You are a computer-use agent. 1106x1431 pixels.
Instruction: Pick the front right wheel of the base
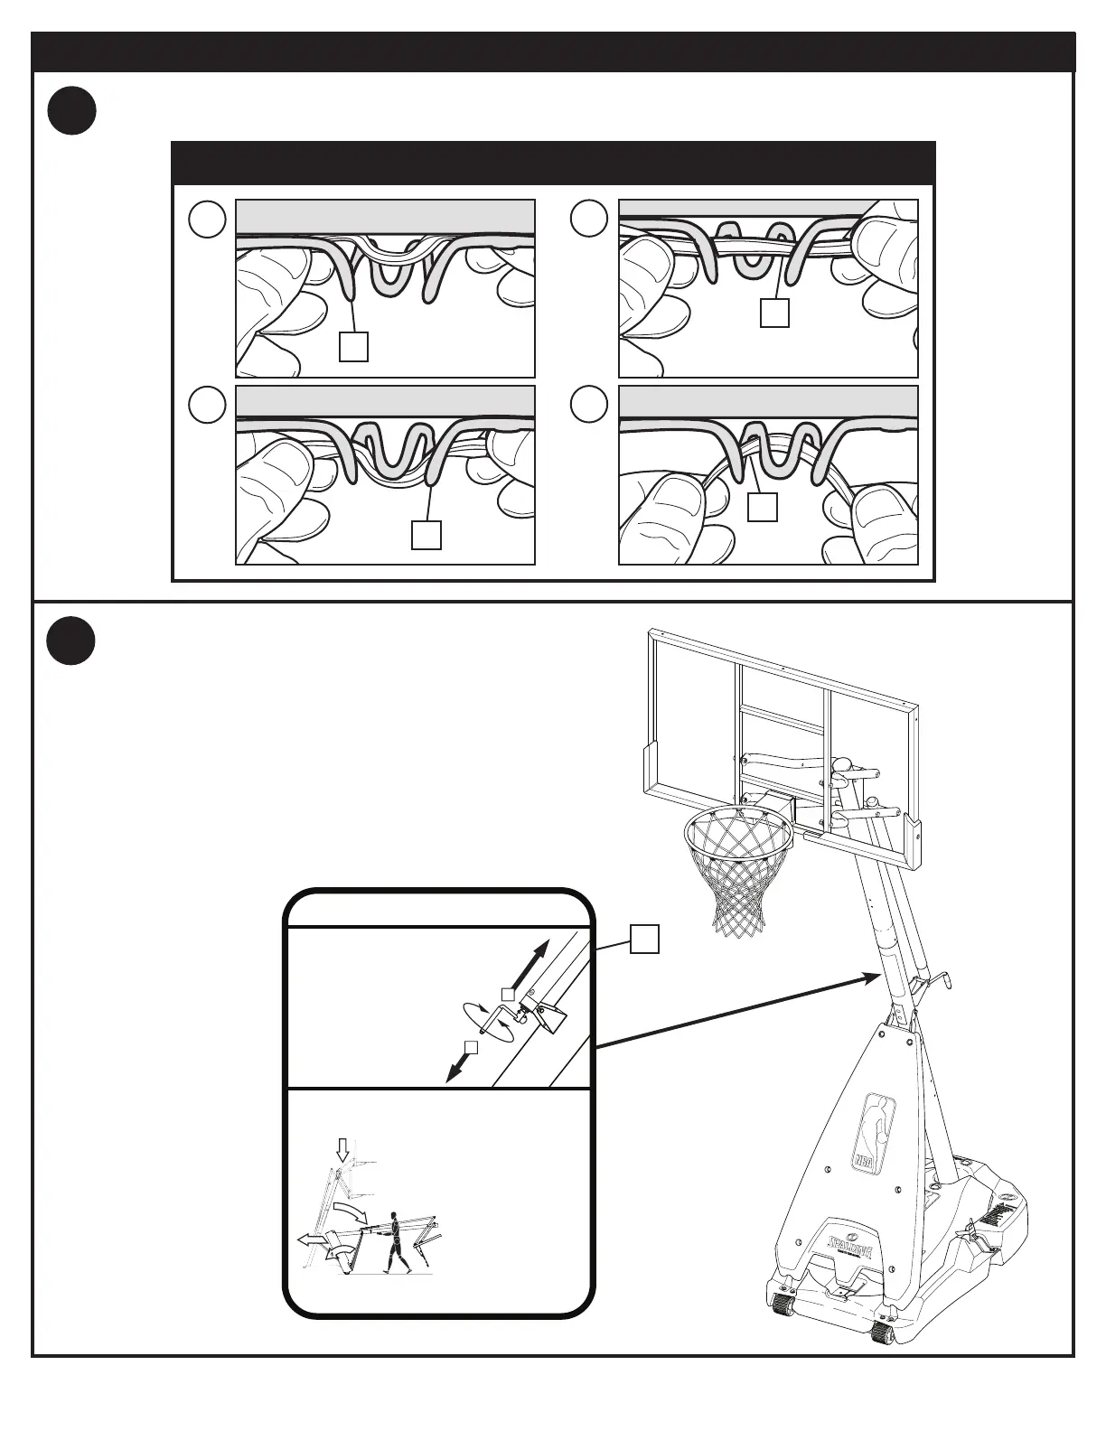[x=881, y=1333]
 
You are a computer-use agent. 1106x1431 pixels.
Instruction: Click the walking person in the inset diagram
[x=393, y=1239]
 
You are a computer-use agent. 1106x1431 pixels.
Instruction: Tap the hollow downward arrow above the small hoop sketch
[x=342, y=1150]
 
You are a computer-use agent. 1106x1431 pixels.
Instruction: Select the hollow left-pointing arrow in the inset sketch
[x=310, y=1241]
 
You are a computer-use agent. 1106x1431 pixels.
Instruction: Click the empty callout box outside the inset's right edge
[x=643, y=939]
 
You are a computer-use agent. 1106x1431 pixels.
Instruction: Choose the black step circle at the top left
[x=71, y=110]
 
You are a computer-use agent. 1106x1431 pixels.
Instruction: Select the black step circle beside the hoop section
[x=71, y=640]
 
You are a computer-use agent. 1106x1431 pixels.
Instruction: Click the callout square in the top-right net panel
[x=774, y=313]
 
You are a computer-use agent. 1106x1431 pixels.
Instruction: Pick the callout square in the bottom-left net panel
[x=426, y=535]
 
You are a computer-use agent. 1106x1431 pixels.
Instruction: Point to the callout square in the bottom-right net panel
[x=763, y=507]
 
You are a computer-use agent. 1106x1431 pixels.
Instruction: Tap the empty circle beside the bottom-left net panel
[x=207, y=406]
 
